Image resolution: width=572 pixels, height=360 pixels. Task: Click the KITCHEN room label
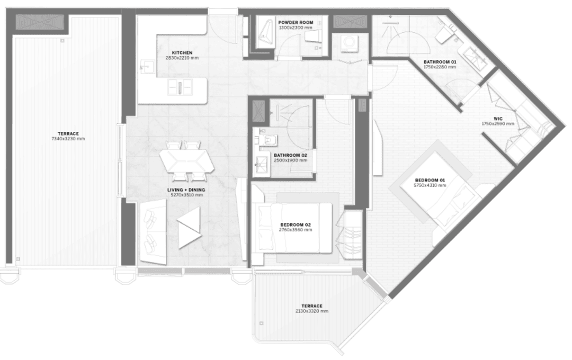coord(182,53)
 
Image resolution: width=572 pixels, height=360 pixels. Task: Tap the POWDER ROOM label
coord(296,23)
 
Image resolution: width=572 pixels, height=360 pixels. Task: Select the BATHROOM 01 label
coord(440,62)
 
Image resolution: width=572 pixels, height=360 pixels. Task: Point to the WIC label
coord(497,119)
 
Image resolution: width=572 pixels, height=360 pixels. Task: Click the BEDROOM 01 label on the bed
coord(430,180)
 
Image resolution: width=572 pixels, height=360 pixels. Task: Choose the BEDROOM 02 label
coord(296,224)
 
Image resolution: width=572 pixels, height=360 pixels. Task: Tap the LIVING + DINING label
coord(186,190)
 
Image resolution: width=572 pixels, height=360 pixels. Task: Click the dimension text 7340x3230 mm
coord(68,139)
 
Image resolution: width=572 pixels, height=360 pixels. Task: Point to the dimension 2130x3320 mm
coord(312,311)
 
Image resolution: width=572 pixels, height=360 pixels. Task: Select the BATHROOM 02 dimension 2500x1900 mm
coord(290,160)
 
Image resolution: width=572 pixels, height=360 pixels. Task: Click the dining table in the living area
coord(186,160)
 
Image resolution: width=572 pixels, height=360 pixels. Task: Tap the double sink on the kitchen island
coord(180,87)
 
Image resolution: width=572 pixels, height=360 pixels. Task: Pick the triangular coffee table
coord(190,228)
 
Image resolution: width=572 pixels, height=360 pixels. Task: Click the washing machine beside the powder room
coord(347,43)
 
